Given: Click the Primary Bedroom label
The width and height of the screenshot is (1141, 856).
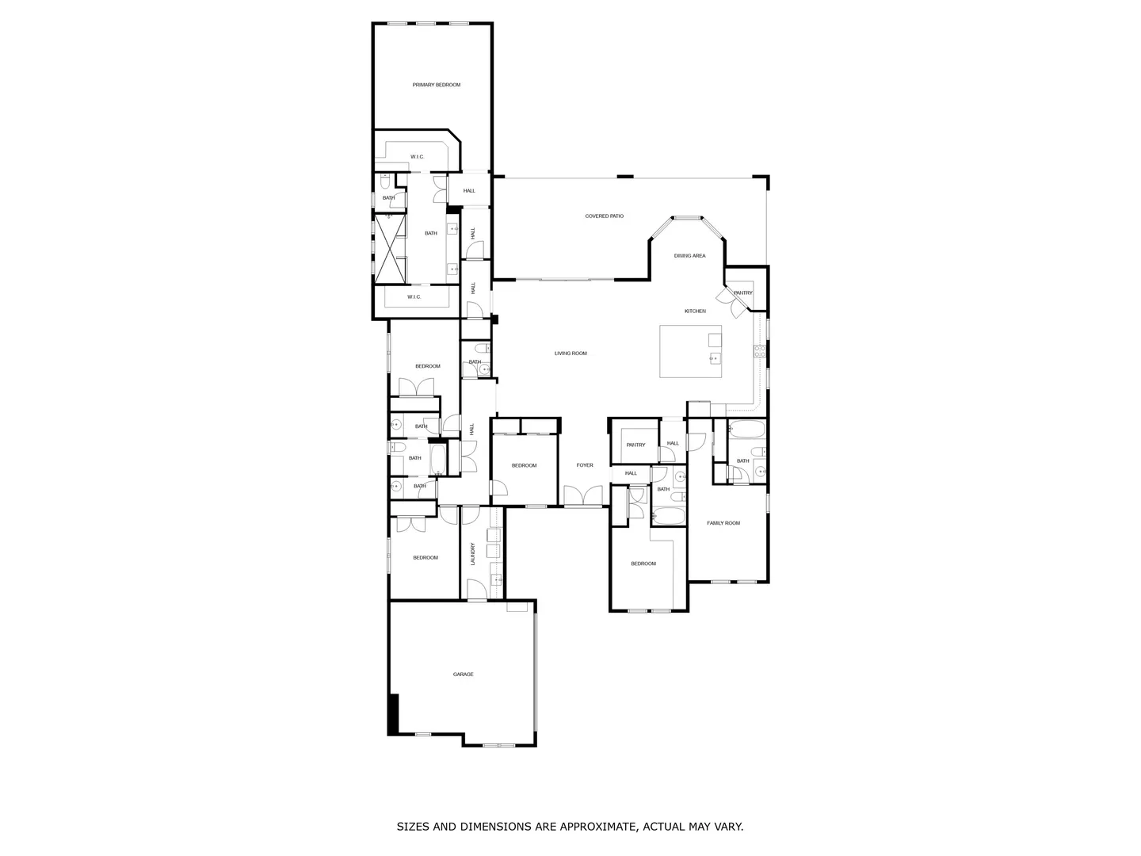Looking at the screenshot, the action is coord(436,85).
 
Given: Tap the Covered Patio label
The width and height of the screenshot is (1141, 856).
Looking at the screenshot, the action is coord(604,216).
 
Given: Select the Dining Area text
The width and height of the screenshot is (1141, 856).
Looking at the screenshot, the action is coord(690,256).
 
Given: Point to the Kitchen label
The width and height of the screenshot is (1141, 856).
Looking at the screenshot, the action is coord(695,311).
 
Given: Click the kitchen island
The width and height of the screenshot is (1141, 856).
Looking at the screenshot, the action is coord(690,351).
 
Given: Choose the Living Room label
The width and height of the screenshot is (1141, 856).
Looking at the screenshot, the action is coord(570,353).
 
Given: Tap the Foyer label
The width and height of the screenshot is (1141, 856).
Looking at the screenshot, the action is coord(585,465).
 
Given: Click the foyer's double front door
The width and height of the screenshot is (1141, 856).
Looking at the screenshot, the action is coord(583,495).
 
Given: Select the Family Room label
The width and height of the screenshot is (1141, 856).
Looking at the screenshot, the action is coord(723,523).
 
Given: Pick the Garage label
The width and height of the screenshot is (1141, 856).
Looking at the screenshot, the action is coord(463,674).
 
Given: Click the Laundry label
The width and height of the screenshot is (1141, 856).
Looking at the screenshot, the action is coord(473,554).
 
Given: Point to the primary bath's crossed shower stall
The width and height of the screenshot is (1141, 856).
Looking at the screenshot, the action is coord(390,248).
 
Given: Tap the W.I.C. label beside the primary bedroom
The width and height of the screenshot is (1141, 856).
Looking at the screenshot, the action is coord(418,156).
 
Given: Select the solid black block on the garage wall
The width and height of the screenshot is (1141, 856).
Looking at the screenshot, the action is coord(394,714).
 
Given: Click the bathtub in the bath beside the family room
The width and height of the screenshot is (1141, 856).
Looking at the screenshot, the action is coord(746,430).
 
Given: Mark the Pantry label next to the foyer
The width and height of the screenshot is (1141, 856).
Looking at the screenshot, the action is coord(635,445).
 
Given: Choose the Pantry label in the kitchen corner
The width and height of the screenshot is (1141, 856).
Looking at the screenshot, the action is coord(742,292).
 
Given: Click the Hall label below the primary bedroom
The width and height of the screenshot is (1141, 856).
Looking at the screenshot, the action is coord(469,191).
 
